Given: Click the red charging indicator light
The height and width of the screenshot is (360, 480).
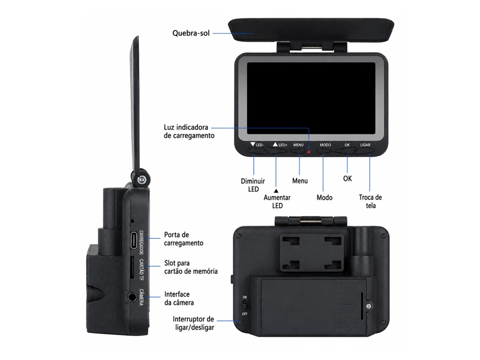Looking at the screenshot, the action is (308, 152).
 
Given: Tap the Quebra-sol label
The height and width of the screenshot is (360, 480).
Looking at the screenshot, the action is (191, 33).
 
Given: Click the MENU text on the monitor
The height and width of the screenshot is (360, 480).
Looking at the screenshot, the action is (298, 145).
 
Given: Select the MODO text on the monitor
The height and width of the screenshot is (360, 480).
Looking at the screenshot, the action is (325, 145).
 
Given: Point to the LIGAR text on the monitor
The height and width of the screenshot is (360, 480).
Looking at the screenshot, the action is (365, 145).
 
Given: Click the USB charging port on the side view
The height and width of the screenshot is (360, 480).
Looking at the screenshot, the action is (134, 241).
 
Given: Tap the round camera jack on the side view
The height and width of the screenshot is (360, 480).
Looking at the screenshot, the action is (133, 296).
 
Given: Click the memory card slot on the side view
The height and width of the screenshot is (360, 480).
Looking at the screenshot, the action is (132, 267).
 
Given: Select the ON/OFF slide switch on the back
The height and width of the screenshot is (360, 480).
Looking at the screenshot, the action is (245, 305).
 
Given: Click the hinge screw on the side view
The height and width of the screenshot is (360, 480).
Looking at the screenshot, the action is (142, 180).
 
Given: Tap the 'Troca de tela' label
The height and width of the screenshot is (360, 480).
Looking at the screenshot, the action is (370, 201).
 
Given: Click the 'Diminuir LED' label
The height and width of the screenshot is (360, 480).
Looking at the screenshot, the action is (253, 185).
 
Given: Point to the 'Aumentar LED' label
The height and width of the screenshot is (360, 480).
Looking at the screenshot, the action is (277, 202).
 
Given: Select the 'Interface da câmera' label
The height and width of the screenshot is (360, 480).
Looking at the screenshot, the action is (179, 298).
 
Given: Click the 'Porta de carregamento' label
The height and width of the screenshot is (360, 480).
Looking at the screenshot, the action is (184, 239).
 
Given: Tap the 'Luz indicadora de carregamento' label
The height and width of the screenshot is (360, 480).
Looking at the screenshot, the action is (189, 131).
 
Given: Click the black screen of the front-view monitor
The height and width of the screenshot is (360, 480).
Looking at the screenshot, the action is (311, 98).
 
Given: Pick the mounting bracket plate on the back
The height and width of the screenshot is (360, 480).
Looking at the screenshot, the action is (311, 253).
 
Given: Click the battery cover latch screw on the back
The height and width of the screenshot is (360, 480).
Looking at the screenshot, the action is (369, 306).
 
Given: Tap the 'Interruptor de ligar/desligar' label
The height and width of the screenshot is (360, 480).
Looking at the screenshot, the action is (193, 323).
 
